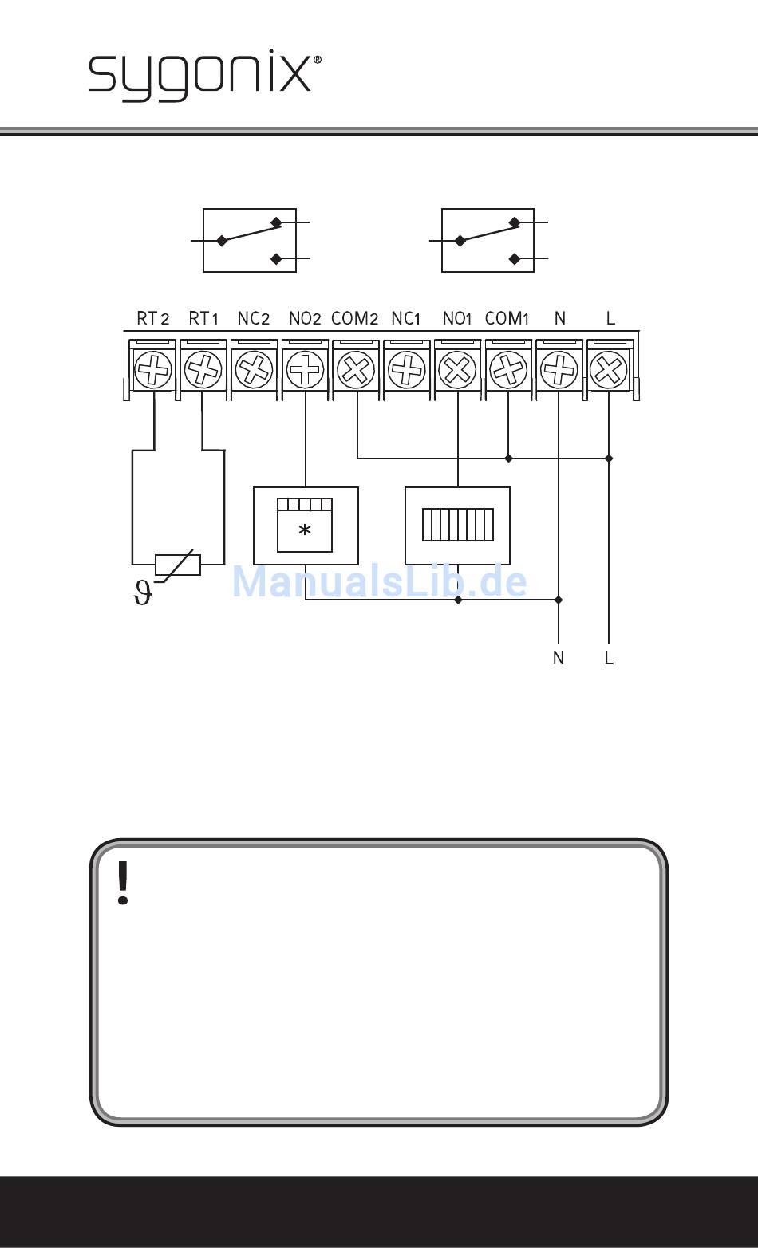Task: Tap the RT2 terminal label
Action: (x=152, y=319)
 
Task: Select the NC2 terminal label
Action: (x=254, y=319)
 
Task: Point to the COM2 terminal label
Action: (x=354, y=319)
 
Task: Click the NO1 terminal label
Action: (x=457, y=319)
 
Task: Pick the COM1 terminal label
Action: (x=507, y=319)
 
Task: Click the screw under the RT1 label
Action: (x=203, y=369)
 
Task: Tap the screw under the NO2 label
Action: (x=305, y=369)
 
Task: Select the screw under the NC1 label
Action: (x=407, y=369)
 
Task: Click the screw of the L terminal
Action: (x=609, y=369)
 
